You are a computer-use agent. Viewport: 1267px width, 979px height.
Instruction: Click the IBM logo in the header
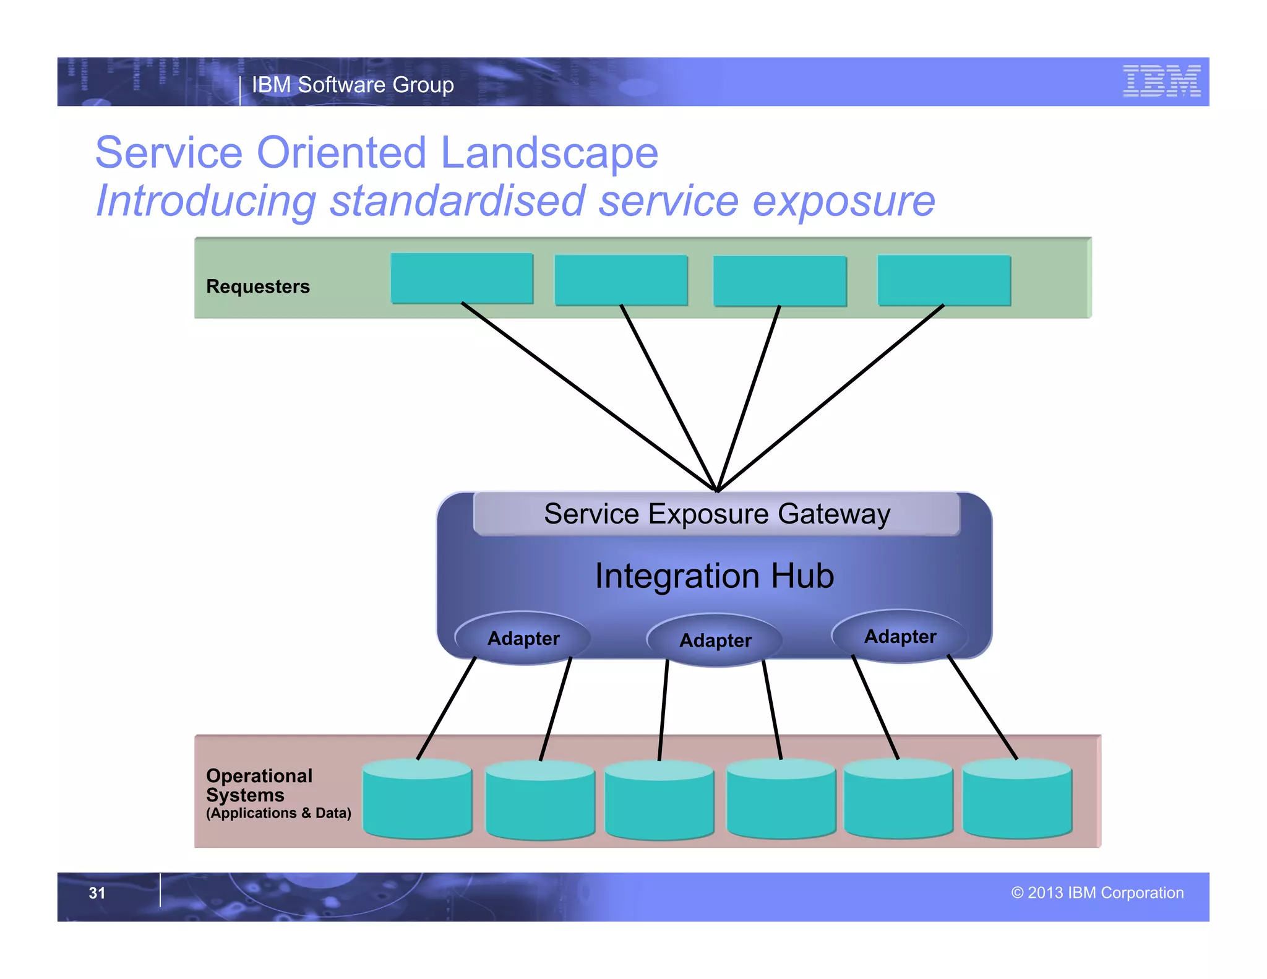(1161, 81)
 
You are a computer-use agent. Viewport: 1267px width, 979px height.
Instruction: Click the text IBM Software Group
(353, 85)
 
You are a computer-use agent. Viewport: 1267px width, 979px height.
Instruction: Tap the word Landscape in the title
(549, 153)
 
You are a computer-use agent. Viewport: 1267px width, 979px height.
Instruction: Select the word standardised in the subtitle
(457, 201)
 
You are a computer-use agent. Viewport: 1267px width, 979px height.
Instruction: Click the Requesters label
(258, 287)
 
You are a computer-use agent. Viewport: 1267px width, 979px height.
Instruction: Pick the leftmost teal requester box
(462, 278)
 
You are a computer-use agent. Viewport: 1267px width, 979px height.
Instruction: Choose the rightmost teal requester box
(944, 280)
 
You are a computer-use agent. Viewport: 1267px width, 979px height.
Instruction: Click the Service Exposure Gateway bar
(716, 514)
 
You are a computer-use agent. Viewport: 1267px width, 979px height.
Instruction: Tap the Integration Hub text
(715, 576)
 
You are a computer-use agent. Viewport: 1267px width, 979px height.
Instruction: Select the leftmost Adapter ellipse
(523, 638)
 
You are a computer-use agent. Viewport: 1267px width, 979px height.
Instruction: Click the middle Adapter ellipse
(715, 640)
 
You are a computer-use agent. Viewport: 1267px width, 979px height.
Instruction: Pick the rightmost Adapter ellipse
(900, 636)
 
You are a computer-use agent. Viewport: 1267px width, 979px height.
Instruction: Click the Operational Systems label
(259, 785)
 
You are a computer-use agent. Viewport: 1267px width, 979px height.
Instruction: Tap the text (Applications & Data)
(278, 813)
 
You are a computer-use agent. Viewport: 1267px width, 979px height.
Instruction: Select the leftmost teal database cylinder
(418, 800)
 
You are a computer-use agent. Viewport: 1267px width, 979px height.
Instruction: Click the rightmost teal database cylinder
(1017, 800)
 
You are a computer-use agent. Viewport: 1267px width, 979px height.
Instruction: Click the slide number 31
(97, 893)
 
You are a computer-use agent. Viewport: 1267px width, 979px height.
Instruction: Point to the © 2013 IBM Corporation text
(1097, 893)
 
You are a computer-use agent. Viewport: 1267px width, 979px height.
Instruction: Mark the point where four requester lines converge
(717, 491)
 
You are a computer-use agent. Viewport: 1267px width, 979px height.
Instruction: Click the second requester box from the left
(621, 280)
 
